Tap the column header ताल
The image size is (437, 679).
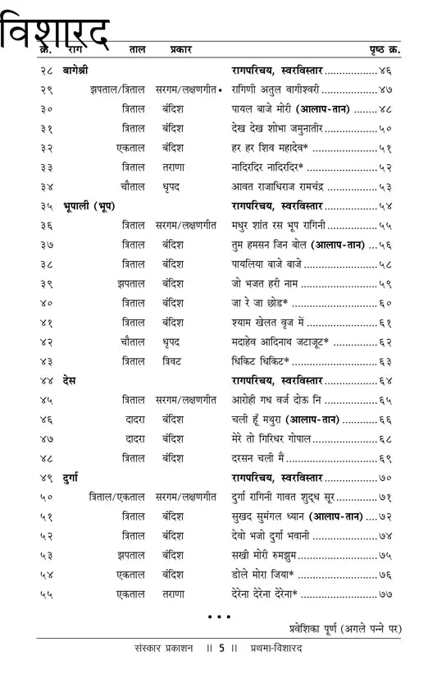pos(136,50)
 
